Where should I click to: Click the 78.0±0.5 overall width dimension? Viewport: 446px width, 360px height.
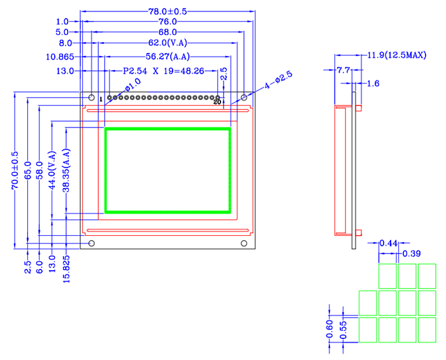(x=169, y=11)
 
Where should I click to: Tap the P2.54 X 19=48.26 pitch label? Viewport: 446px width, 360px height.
(x=163, y=71)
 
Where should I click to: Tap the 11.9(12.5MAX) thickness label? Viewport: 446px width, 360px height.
(x=396, y=56)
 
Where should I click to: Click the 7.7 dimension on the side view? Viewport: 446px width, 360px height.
(x=343, y=69)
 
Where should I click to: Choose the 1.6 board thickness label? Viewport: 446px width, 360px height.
(x=373, y=83)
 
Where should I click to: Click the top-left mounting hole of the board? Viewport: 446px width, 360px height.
(x=92, y=98)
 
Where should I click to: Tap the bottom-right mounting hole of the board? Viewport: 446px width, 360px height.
(x=244, y=243)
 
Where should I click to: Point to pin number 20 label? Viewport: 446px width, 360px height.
(x=217, y=102)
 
